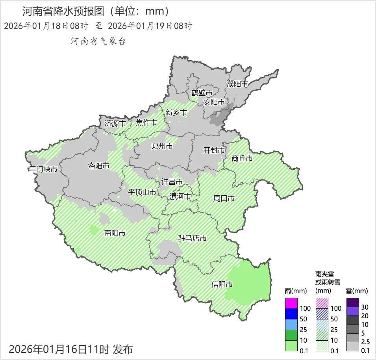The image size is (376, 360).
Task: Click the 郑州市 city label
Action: click(162, 146)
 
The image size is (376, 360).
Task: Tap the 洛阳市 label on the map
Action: click(98, 166)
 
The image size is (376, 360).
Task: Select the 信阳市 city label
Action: click(222, 284)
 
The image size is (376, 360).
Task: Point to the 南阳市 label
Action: click(115, 233)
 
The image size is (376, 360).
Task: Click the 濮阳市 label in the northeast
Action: click(237, 84)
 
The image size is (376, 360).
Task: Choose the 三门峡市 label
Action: click(43, 169)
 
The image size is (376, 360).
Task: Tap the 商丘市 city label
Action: click(242, 158)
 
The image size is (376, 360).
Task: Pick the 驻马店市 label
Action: click(192, 238)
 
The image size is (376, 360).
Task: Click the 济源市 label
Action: click(115, 123)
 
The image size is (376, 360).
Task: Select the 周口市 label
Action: click(224, 198)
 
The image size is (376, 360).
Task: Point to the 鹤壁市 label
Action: click(202, 93)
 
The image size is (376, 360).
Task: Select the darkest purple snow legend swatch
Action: click(352, 302)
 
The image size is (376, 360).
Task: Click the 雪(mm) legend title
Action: click(356, 291)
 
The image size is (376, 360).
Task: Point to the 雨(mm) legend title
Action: click(295, 291)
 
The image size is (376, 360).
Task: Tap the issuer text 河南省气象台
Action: click(98, 41)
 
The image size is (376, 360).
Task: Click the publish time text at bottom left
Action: click(71, 349)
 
